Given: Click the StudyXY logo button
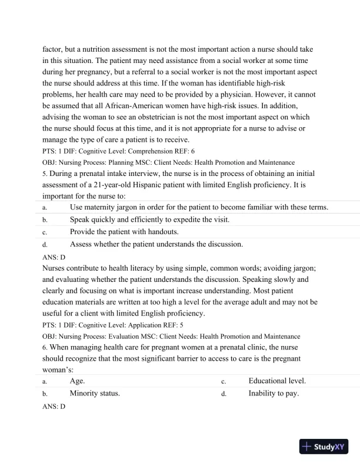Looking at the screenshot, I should tap(324, 447).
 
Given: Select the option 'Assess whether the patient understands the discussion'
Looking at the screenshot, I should tap(156, 244).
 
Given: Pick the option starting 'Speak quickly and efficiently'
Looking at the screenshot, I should tap(149, 219).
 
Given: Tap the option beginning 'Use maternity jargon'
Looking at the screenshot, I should tap(199, 207).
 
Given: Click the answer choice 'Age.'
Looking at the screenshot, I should tap(78, 381).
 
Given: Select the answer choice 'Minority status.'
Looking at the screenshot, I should tap(95, 393).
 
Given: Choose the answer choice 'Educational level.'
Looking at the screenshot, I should tap(277, 381).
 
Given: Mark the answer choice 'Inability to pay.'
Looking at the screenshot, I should tap(274, 393).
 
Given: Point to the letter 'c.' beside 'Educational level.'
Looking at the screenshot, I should tap(224, 382).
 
